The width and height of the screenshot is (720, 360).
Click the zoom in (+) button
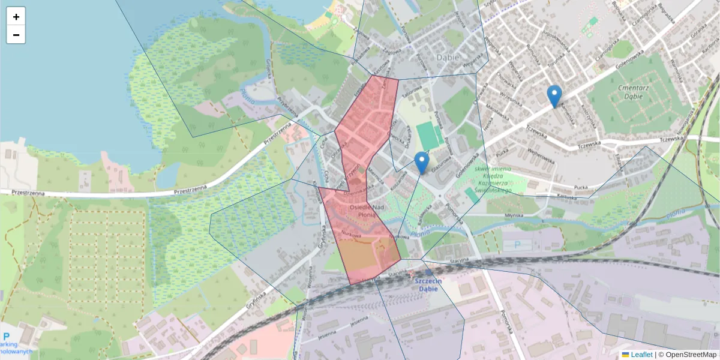point(16,17)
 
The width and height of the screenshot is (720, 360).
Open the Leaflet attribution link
point(641,355)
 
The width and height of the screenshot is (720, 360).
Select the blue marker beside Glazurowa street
point(422,163)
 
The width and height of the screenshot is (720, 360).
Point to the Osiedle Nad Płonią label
point(359,211)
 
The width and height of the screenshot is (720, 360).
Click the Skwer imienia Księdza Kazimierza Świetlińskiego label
point(491,180)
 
